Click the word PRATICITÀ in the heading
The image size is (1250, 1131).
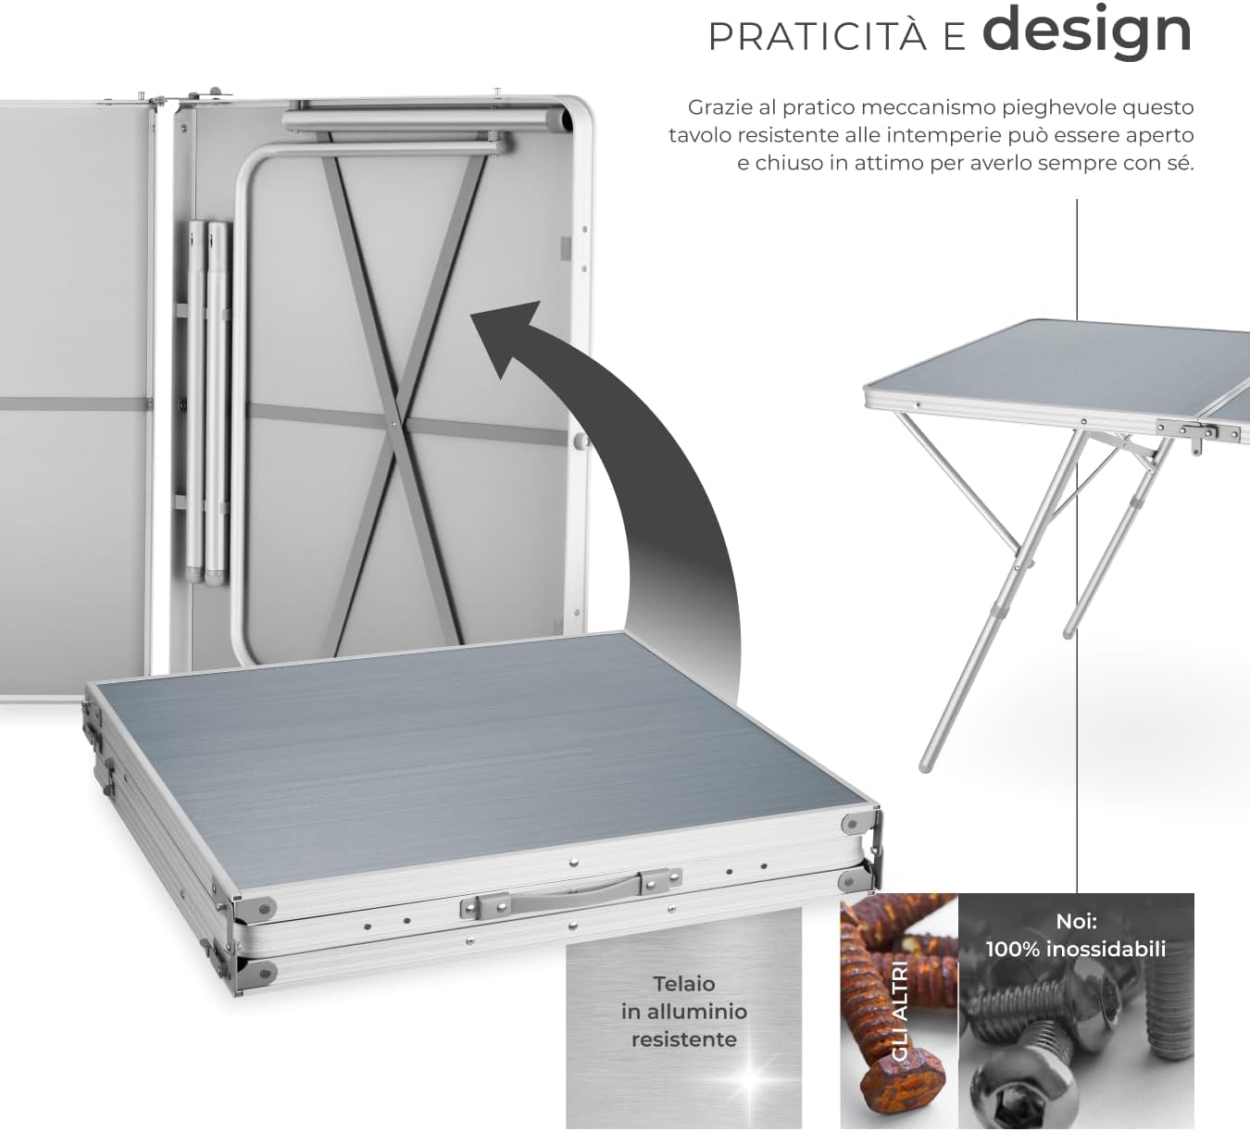[x=817, y=38]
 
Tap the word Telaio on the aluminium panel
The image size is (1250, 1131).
[x=683, y=983]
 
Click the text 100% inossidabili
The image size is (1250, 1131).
[x=1076, y=949]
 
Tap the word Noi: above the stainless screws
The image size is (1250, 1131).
[x=1076, y=921]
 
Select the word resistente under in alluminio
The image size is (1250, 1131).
[x=683, y=1039]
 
